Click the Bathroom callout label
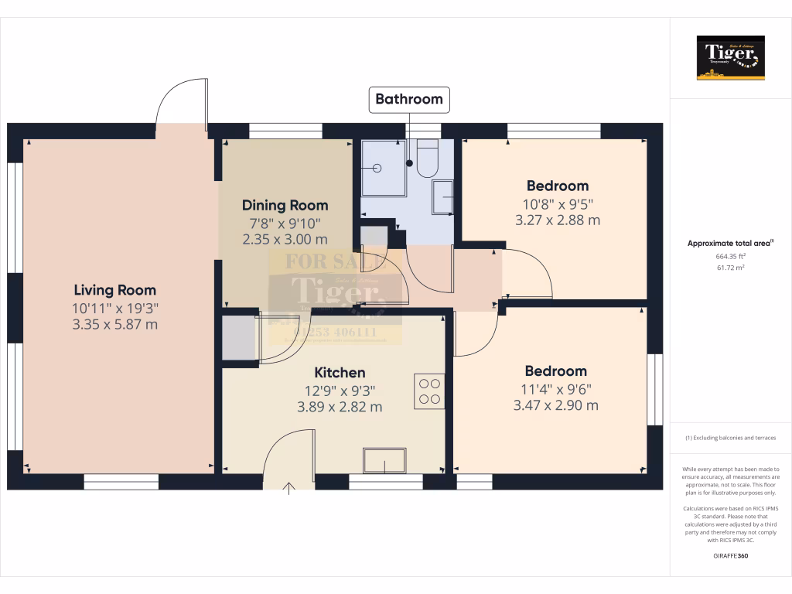[409, 99]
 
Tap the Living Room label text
[114, 291]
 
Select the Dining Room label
[285, 206]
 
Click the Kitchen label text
[340, 373]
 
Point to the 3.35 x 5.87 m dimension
[115, 324]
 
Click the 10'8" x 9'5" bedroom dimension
[557, 203]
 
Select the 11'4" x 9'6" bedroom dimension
[555, 388]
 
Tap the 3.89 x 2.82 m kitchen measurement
[340, 407]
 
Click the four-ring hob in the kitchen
[428, 391]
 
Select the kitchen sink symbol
[384, 461]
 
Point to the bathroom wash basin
[443, 196]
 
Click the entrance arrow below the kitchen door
[290, 488]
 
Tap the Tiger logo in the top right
[730, 57]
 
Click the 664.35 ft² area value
[730, 256]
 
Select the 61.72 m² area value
[730, 268]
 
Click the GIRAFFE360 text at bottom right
[730, 556]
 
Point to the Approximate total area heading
[730, 244]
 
